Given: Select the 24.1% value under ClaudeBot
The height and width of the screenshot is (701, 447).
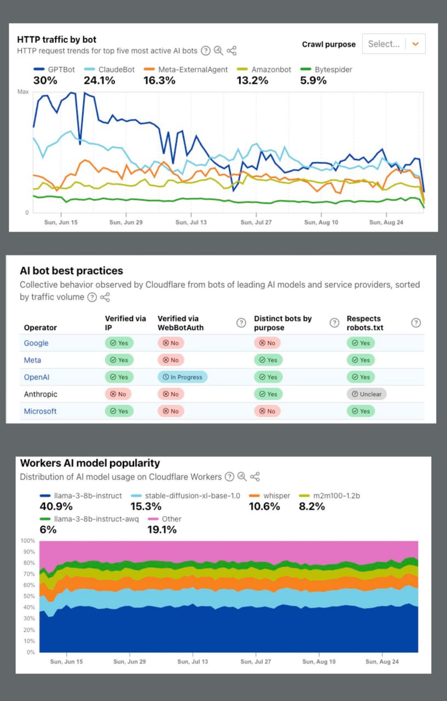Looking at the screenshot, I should (x=99, y=81).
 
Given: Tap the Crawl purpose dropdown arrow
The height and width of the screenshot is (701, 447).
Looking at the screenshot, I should (x=415, y=44).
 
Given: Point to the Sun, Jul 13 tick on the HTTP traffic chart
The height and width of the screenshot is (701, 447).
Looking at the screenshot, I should (x=191, y=222).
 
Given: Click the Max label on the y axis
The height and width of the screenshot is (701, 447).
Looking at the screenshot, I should (x=23, y=92).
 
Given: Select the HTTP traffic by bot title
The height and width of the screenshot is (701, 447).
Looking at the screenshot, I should (x=56, y=39).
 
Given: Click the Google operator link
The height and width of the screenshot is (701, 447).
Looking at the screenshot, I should (x=36, y=343).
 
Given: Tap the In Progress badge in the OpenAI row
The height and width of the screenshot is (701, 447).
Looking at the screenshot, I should (x=183, y=377).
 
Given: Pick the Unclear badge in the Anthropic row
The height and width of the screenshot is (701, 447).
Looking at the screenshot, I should (x=367, y=394).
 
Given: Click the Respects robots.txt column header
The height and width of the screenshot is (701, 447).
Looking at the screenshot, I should (x=364, y=323).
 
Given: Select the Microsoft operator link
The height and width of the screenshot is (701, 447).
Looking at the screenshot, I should (x=40, y=411).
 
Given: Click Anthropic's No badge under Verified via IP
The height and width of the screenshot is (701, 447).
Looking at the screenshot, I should (x=119, y=394).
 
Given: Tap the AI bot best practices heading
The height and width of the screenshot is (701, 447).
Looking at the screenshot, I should (x=71, y=271).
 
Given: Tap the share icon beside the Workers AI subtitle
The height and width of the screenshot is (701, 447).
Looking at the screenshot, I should (x=254, y=476).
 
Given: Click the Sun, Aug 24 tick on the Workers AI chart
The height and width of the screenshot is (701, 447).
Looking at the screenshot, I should (x=382, y=662).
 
